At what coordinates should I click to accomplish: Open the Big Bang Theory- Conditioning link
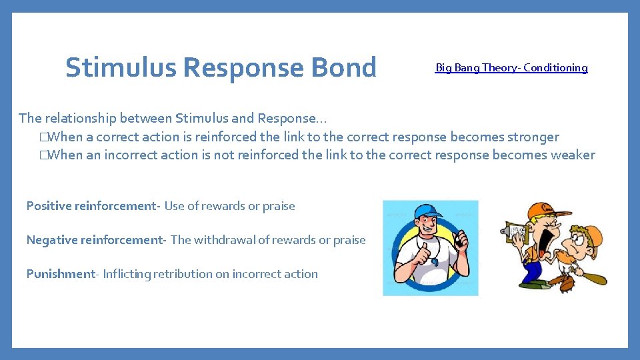pos(511,67)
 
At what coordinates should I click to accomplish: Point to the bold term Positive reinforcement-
pos(93,206)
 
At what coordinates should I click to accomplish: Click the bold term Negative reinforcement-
pos(96,240)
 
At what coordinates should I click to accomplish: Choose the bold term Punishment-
pos(63,274)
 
